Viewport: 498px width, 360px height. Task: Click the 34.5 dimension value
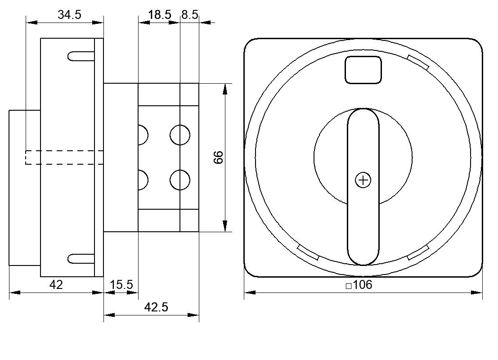pos(70,14)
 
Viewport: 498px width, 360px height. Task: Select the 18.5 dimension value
pos(160,14)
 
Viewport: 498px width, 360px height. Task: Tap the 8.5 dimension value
pos(190,14)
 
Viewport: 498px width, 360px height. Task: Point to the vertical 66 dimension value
pos(219,157)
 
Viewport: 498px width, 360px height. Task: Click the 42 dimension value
pos(56,285)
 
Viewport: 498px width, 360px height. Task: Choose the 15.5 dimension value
pos(121,285)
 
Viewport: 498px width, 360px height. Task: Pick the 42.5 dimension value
pos(156,307)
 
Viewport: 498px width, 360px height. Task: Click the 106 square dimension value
pos(363,285)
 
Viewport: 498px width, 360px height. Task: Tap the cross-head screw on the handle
pos(363,180)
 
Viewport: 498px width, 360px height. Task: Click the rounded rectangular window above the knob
pos(363,70)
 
